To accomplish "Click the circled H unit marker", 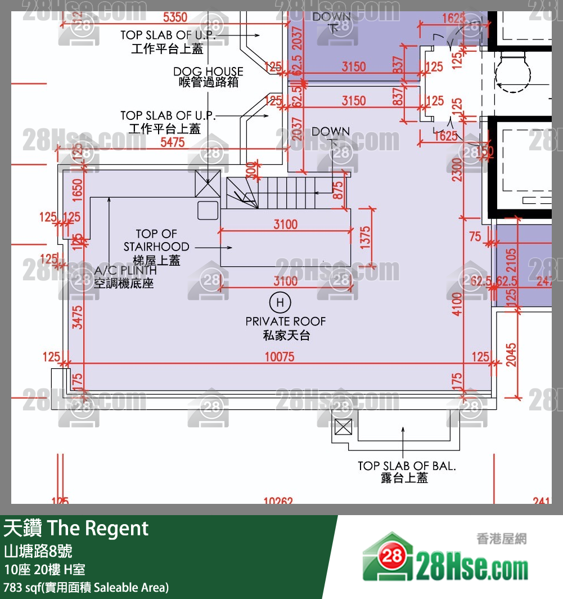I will click(x=280, y=303).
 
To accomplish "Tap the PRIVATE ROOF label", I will click(x=286, y=321).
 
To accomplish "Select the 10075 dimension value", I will click(x=279, y=357).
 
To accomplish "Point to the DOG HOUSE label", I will click(x=208, y=72).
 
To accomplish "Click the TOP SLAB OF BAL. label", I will click(x=407, y=466).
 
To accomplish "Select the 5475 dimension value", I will click(x=172, y=142).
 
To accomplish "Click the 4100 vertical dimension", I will click(x=457, y=303).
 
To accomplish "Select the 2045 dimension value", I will click(x=511, y=354).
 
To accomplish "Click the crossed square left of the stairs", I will click(x=203, y=184).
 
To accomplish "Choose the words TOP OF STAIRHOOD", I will click(x=156, y=240).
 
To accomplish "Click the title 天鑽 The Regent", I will click(x=76, y=528).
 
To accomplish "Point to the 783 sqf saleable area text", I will click(x=86, y=587).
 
